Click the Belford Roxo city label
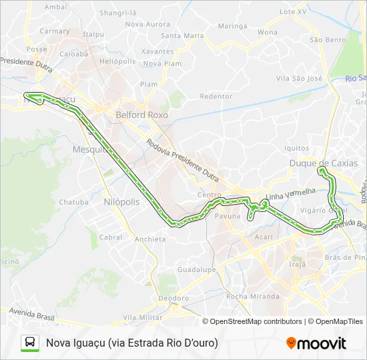tap(141, 115)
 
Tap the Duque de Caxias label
tap(323, 163)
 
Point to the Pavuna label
tap(227, 217)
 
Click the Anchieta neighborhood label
tap(149, 239)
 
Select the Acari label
tap(264, 237)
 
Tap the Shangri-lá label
tap(117, 13)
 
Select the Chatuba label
tap(73, 202)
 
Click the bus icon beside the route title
tap(30, 343)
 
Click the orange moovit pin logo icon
tap(291, 343)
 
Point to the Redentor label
tap(216, 96)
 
